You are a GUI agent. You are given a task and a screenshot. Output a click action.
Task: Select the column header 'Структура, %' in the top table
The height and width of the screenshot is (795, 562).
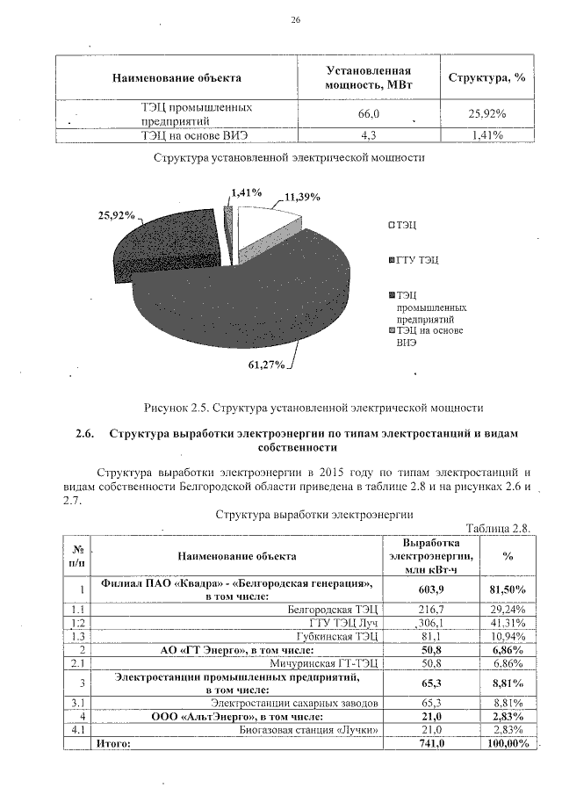point(486,77)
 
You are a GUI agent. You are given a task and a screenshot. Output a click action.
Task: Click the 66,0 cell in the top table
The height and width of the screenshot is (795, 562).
point(369,114)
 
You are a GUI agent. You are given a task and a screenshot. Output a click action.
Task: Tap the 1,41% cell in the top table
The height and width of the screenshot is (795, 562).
point(486,135)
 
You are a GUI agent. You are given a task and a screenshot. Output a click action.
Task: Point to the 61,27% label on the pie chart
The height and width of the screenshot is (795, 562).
point(265,365)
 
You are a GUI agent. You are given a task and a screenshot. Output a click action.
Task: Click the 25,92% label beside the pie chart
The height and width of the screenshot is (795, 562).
point(115,215)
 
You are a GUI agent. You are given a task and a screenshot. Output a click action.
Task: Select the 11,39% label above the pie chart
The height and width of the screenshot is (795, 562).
point(303,197)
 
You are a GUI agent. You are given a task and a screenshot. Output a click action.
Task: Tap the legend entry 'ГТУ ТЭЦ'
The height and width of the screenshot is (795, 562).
point(416,260)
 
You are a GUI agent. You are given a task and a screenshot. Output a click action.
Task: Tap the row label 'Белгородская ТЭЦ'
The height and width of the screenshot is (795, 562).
point(333,608)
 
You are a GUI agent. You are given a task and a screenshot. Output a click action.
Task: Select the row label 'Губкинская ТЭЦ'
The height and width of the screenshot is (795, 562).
point(338,635)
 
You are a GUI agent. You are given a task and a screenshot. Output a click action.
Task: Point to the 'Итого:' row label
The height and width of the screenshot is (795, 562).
point(112,743)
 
